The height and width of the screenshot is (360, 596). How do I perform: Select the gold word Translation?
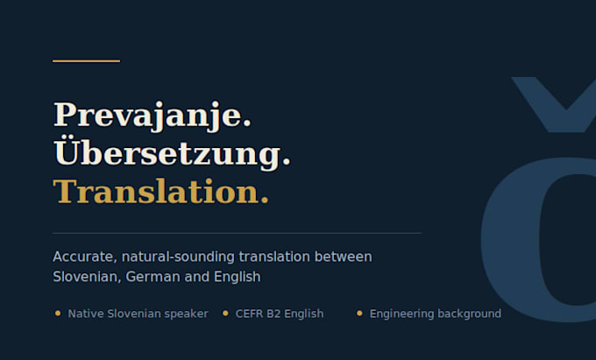(157, 191)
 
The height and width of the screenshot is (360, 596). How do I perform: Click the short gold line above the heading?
(86, 60)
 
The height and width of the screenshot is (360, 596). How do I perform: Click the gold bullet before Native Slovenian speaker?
(58, 314)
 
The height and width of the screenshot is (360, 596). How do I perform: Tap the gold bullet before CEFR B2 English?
(225, 314)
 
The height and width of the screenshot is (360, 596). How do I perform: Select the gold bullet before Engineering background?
(359, 314)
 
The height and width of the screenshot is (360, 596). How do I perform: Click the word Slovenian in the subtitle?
(87, 277)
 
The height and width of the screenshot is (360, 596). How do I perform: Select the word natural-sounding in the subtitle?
(178, 258)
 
